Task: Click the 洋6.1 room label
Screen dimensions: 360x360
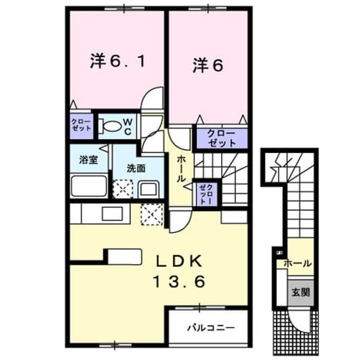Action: point(118,61)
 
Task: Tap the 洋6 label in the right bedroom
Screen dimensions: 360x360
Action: point(208,66)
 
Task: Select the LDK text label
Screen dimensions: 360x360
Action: point(179,262)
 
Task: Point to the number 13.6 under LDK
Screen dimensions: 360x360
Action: point(179,282)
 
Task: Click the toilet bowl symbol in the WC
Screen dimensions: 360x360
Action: point(110,126)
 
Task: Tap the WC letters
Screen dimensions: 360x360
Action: point(127,127)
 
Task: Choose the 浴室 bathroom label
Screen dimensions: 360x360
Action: point(89,160)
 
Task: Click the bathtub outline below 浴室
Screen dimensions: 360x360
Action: point(89,186)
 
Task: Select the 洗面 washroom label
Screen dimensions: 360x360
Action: point(137,169)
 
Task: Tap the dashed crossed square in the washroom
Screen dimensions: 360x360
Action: point(123,189)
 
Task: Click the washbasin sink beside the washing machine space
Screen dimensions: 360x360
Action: point(149,189)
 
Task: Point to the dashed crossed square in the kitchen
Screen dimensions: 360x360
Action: point(152,214)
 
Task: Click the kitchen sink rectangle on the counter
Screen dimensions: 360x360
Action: point(113,214)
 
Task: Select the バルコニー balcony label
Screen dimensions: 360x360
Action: point(211,327)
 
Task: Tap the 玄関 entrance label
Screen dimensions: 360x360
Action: point(301,292)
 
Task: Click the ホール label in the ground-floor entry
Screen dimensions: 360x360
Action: point(298,263)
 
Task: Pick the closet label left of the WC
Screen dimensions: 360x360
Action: point(81,125)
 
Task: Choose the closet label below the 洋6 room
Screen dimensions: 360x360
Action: point(222,138)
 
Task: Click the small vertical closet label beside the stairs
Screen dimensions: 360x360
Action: point(206,194)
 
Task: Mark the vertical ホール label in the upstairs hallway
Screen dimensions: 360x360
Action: point(181,169)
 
